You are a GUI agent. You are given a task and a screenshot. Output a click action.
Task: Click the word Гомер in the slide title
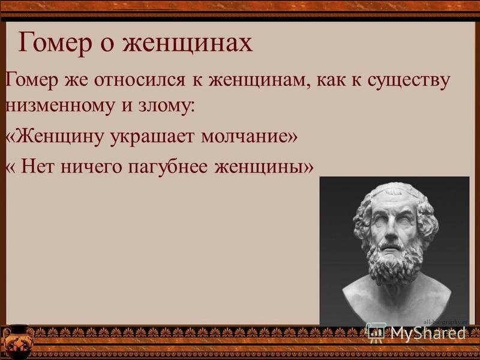click(x=55, y=43)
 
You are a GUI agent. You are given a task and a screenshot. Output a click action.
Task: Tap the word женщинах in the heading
click(x=187, y=43)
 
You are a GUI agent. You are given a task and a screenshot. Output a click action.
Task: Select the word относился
click(x=140, y=80)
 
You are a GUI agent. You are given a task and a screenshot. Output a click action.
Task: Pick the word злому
click(x=166, y=106)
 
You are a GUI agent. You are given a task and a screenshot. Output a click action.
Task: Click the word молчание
click(x=245, y=137)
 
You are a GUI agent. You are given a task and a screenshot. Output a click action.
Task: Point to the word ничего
click(x=91, y=167)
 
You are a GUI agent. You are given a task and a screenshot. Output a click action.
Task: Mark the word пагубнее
click(x=167, y=168)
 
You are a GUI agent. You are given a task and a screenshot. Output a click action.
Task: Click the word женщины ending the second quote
click(x=259, y=167)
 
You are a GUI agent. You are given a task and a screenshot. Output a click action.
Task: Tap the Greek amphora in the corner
click(x=18, y=342)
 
